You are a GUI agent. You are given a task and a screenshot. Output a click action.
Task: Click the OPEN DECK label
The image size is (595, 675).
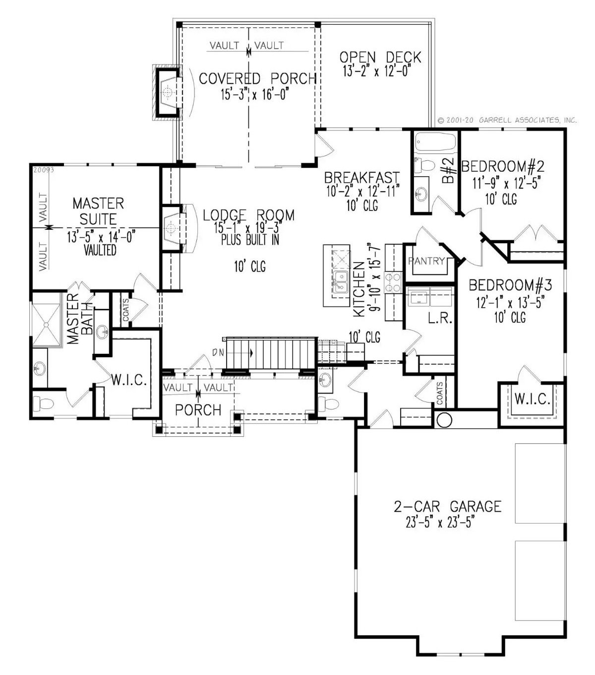coord(380,58)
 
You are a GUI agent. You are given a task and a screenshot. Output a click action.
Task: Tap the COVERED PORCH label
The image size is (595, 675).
coord(257,78)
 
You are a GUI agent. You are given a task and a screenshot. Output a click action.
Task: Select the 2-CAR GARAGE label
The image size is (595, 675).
coord(447,506)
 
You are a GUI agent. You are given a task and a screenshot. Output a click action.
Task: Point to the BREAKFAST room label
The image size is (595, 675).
coord(361,178)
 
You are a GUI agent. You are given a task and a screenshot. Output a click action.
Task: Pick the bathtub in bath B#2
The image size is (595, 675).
coord(435,142)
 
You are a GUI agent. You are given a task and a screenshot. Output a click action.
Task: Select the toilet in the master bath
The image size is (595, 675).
coord(42,405)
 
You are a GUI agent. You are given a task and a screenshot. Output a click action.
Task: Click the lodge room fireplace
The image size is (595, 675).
coord(172,229)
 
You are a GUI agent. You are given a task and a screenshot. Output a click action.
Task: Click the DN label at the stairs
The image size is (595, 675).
coord(218,353)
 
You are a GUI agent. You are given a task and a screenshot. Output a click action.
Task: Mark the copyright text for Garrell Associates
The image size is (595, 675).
coord(507,120)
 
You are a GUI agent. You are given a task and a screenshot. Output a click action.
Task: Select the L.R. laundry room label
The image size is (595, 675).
coord(440,318)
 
